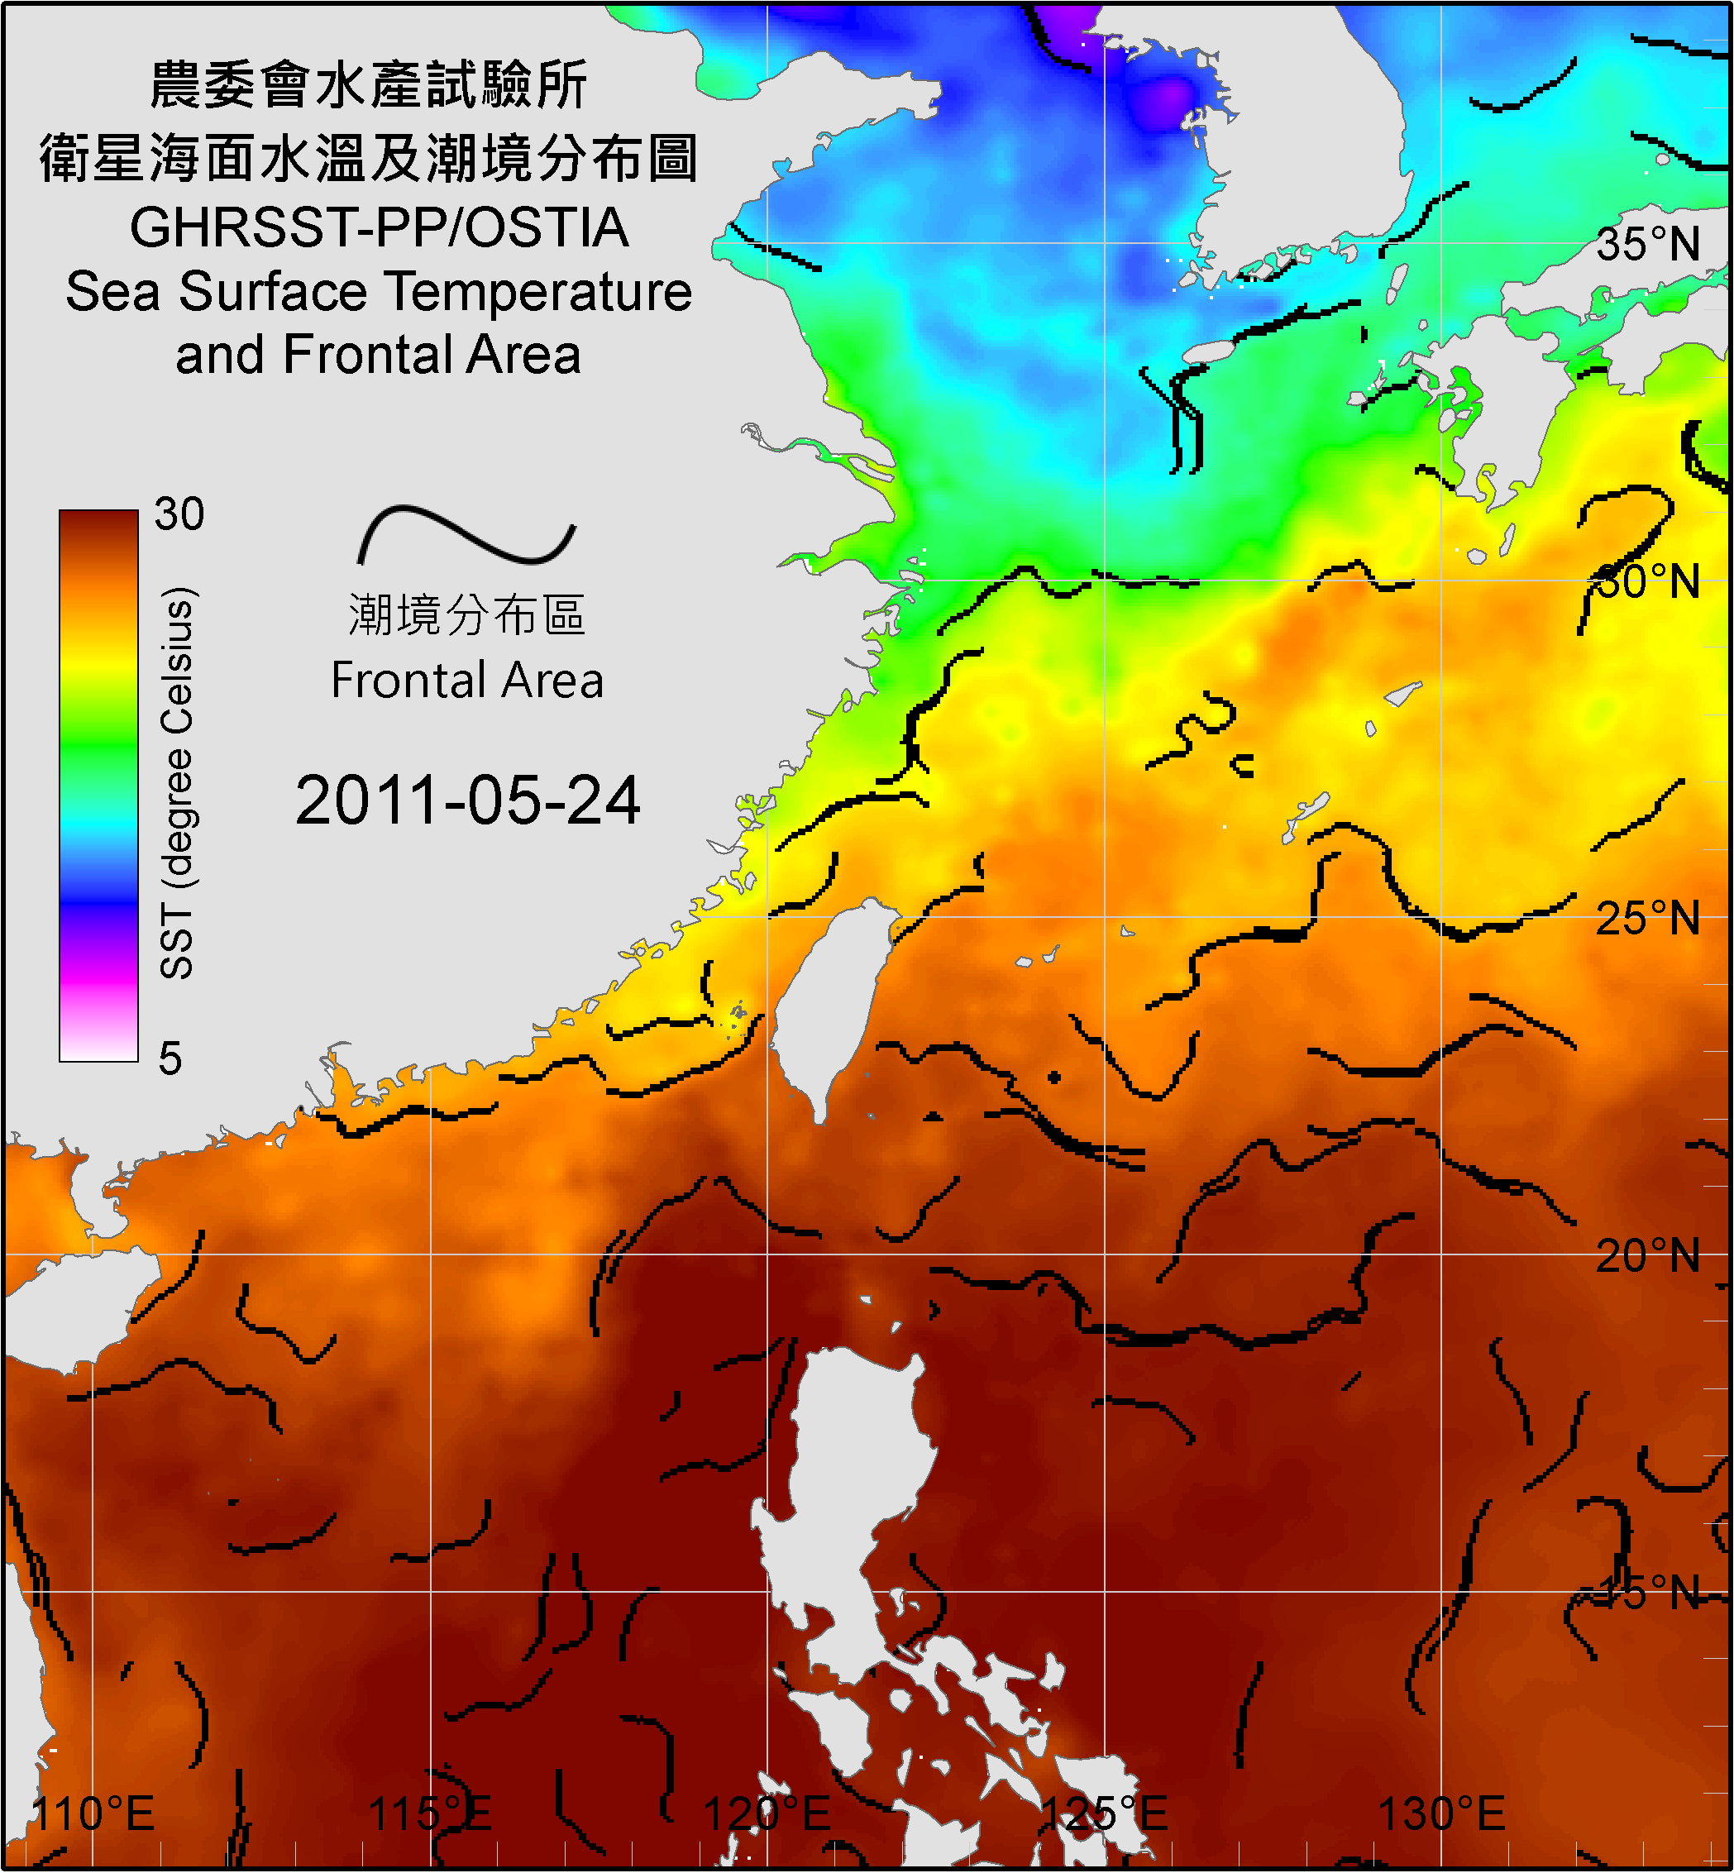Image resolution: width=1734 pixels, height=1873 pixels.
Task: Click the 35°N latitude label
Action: [x=1648, y=245]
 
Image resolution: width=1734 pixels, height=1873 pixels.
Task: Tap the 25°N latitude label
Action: [x=1648, y=919]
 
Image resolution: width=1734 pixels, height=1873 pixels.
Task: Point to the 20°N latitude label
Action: [x=1648, y=1256]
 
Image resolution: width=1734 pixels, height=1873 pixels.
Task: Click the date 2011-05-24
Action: [x=467, y=801]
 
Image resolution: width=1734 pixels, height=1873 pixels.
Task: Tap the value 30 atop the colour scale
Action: [x=179, y=514]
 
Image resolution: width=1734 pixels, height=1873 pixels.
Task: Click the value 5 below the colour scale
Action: [x=170, y=1058]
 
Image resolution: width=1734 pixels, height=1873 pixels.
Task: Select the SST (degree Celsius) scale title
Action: [x=177, y=784]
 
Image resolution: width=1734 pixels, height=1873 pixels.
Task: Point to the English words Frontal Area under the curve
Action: [x=466, y=681]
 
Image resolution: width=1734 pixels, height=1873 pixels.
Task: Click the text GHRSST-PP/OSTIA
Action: [x=379, y=228]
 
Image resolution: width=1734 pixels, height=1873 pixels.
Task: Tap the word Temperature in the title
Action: [x=538, y=292]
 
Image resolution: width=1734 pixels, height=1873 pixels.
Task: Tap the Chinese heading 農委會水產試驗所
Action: [x=369, y=86]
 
